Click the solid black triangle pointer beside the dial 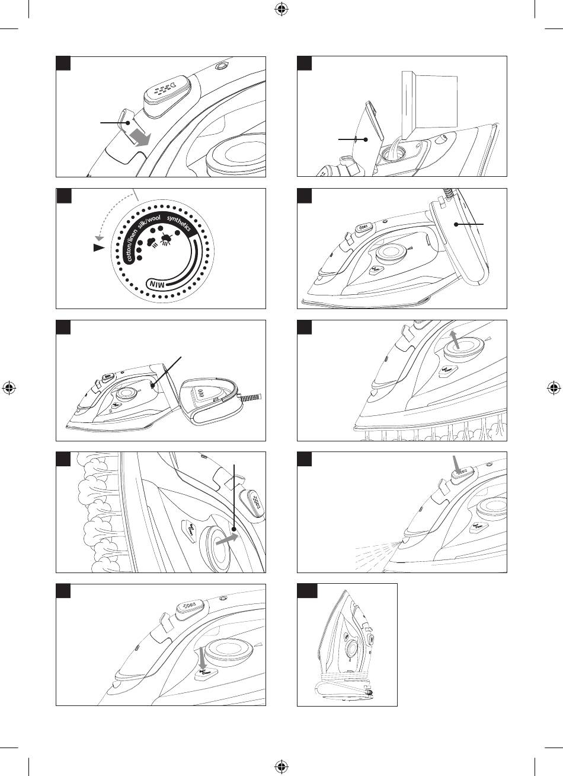98,249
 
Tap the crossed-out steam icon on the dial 167,238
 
